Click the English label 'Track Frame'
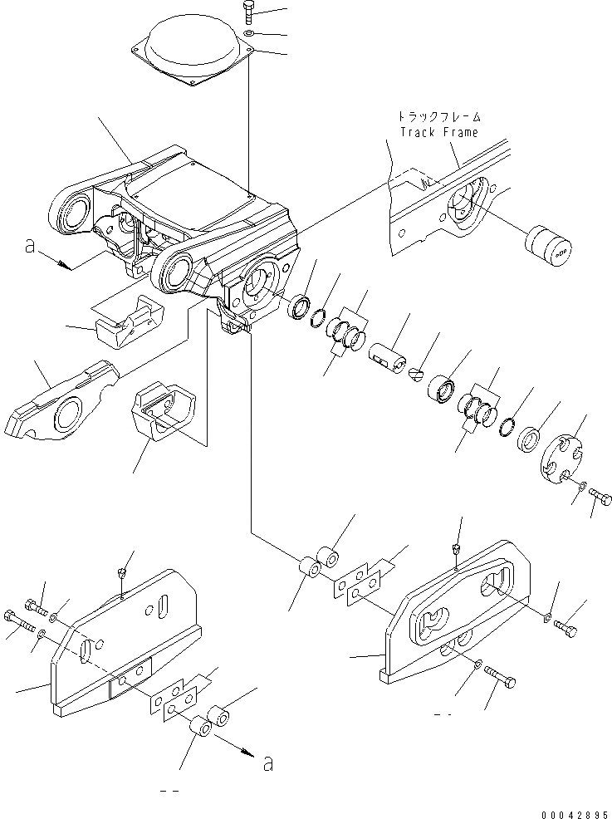click(x=439, y=132)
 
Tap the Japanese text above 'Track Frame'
click(x=439, y=117)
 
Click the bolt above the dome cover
click(x=250, y=13)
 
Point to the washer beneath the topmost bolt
click(x=250, y=33)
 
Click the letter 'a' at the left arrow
click(x=30, y=248)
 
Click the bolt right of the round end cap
click(x=600, y=498)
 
